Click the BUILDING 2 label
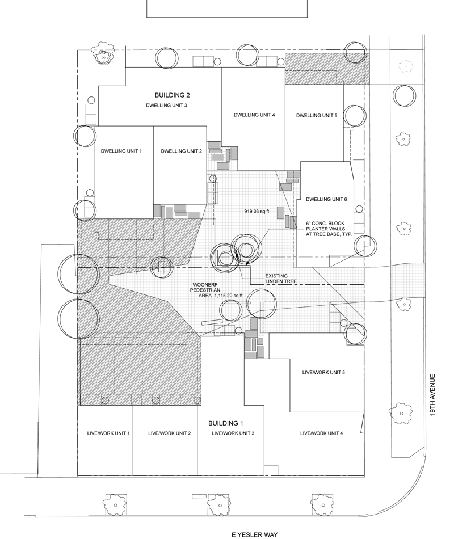pos(172,95)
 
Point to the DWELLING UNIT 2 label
pos(181,151)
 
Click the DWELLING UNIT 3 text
pos(166,105)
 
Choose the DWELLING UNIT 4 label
pos(254,115)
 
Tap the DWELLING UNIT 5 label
pos(317,116)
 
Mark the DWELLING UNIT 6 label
pos(326,199)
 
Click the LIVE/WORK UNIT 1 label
pos(108,433)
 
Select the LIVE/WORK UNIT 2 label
pos(169,433)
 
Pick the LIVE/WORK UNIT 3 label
pos(233,433)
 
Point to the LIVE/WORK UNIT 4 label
pos(321,433)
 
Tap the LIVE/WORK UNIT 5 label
pos(323,372)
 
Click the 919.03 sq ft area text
pos(257,212)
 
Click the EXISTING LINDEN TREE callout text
pos(281,279)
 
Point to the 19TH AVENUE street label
pos(432,395)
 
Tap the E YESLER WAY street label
pos(254,534)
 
